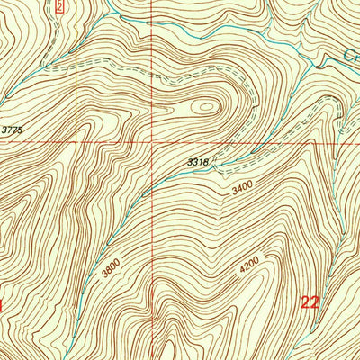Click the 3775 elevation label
click(12, 130)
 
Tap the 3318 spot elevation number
click(199, 161)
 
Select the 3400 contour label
click(242, 191)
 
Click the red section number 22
click(310, 303)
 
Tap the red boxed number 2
click(59, 6)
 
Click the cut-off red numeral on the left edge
click(3, 305)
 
